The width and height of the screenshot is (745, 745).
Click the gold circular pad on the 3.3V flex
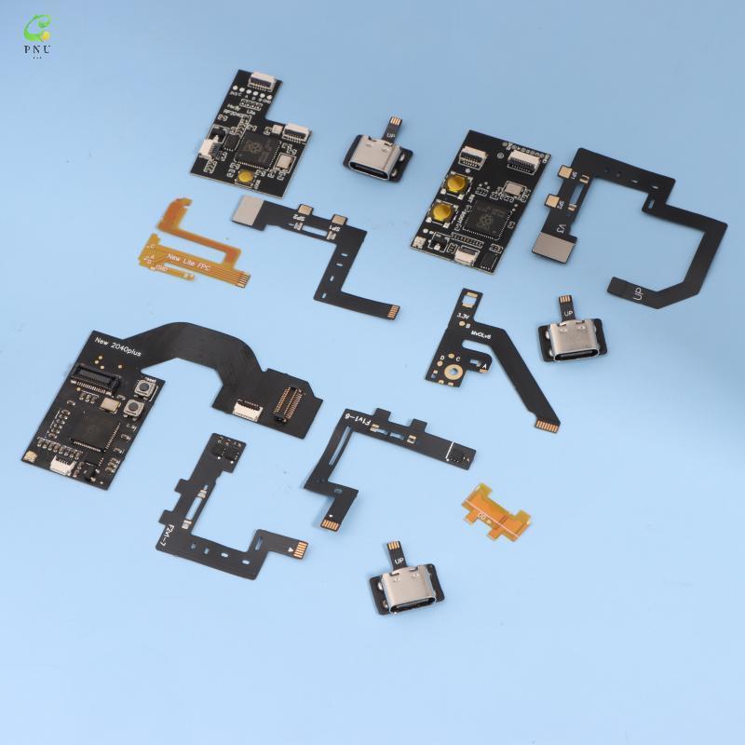tap(458, 372)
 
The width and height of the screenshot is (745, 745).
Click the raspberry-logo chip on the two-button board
tap(485, 220)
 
